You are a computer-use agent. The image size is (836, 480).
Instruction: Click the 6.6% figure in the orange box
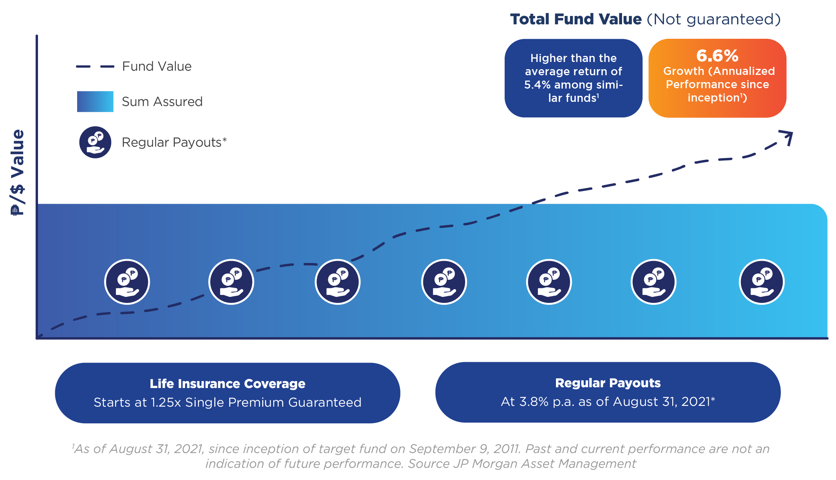pos(717,56)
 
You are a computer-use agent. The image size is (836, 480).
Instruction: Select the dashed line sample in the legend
pos(95,67)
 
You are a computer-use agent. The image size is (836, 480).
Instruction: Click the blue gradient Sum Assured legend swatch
pos(95,101)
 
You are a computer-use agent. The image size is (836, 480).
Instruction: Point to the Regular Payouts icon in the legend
pos(95,142)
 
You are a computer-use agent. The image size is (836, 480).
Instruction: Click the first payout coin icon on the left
pos(127,282)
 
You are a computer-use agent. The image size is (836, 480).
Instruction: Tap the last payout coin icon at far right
pos(762,282)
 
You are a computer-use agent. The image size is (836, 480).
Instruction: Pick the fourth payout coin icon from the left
pos(444,282)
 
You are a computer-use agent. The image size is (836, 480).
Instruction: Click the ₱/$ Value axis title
pos(17,173)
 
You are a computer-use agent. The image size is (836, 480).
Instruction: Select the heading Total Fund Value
pos(576,19)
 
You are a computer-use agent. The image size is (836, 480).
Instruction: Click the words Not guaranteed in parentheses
pos(714,19)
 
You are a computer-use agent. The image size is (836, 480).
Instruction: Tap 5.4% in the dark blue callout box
pos(537,85)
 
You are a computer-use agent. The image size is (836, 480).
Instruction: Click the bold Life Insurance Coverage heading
pos(227,383)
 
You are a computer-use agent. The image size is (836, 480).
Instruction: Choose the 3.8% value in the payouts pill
pos(534,402)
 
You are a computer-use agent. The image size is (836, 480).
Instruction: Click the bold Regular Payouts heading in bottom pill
pos(608,383)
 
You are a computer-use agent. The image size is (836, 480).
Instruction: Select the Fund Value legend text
pos(157,67)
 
